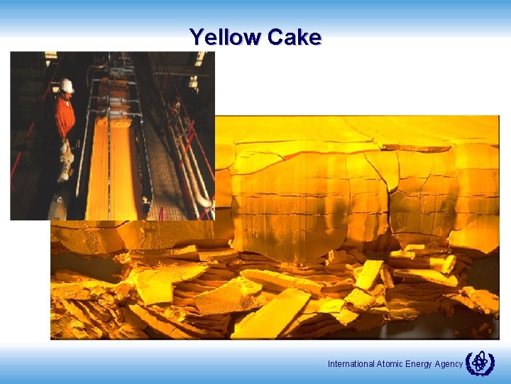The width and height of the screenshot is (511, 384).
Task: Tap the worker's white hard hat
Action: [67, 85]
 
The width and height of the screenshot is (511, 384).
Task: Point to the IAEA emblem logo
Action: [480, 363]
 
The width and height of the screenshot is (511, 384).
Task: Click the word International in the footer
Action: [351, 364]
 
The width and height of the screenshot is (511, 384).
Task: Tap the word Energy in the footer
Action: [419, 364]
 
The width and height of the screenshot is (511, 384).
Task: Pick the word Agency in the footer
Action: [449, 364]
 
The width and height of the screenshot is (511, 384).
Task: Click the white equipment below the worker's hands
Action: [66, 160]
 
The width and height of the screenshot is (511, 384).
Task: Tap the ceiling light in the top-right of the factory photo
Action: [199, 59]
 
